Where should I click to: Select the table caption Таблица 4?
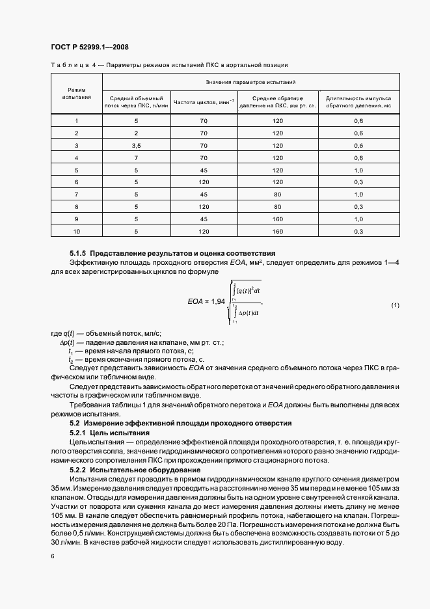(72, 65)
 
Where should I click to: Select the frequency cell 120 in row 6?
(203, 182)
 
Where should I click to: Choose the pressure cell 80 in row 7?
(278, 194)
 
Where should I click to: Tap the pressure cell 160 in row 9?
(278, 219)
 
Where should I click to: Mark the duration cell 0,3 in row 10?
(358, 231)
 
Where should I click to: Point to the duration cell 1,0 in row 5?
(358, 170)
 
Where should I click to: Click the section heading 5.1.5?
(172, 252)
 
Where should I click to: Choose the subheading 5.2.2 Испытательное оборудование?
(129, 470)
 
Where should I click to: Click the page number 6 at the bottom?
(53, 556)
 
